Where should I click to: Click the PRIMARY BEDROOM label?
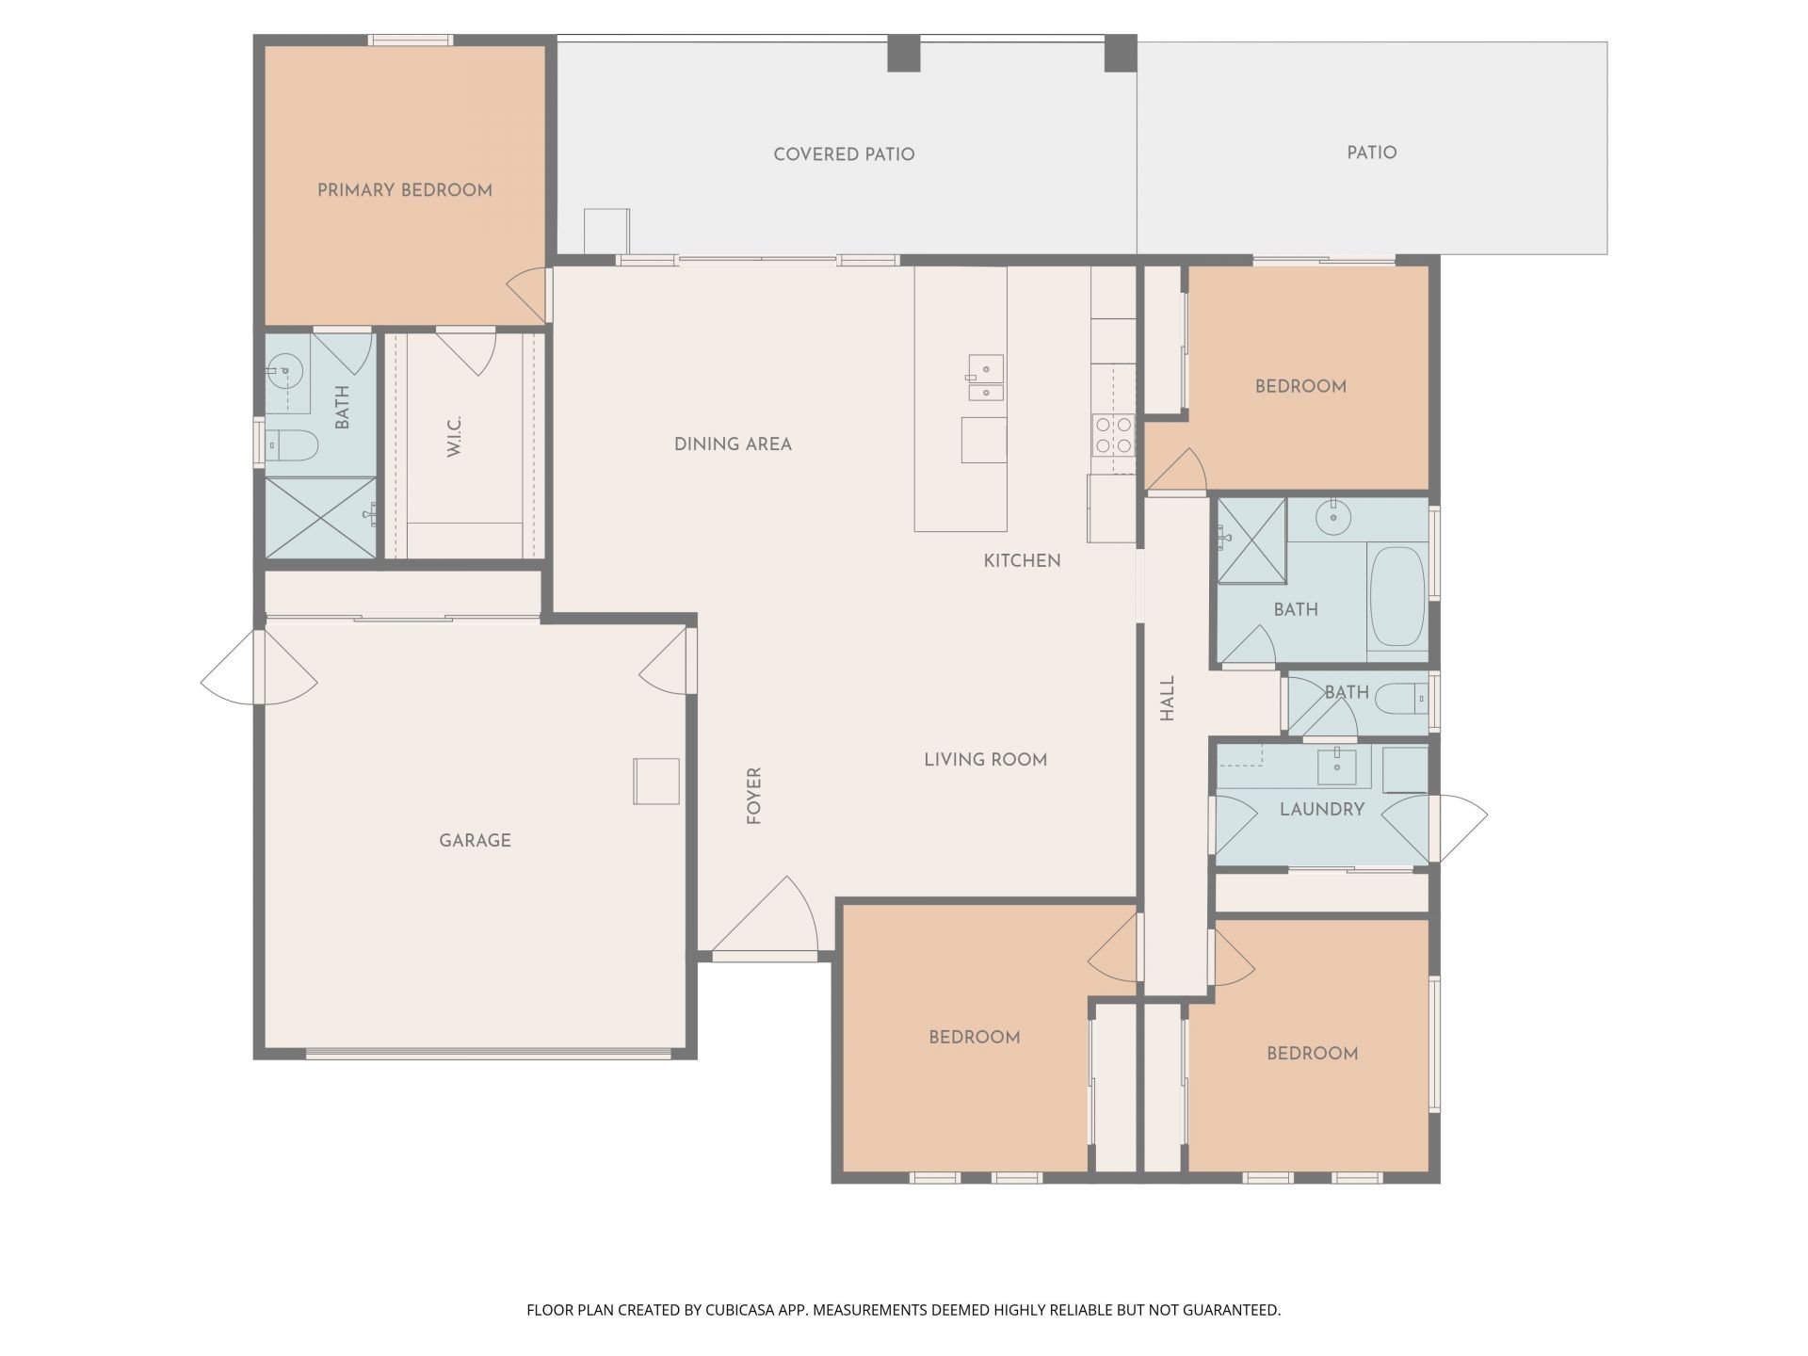[405, 190]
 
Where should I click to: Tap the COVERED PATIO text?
[844, 154]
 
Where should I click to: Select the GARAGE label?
[476, 840]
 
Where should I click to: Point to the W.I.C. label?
[455, 437]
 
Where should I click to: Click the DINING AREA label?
[733, 444]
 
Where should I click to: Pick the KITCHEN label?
[1022, 561]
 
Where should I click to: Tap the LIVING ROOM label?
[985, 760]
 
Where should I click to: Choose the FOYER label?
[753, 797]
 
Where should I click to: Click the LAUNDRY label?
[1322, 809]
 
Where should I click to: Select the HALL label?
[1168, 699]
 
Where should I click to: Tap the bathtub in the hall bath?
[1397, 597]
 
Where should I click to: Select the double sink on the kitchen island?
[985, 379]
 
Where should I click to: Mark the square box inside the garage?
[656, 782]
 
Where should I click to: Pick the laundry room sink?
[1335, 767]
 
